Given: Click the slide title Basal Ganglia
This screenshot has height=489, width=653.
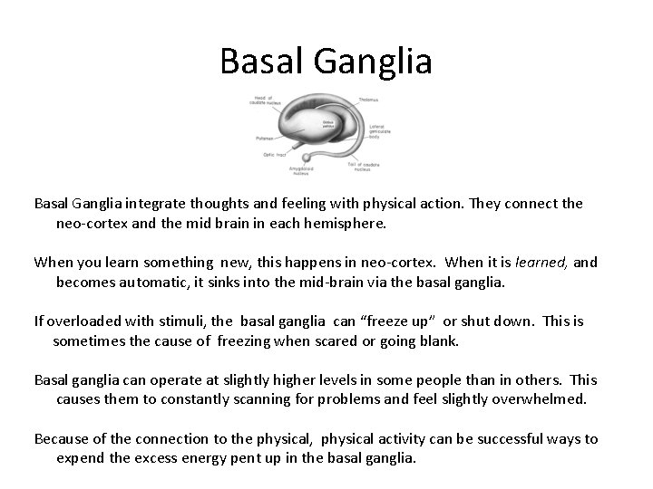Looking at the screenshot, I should (x=326, y=62).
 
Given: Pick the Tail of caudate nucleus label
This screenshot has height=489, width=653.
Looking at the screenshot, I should (x=366, y=166).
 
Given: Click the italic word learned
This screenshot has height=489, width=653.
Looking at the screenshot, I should (x=541, y=263).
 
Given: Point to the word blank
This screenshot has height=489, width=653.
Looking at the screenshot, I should (x=440, y=341).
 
